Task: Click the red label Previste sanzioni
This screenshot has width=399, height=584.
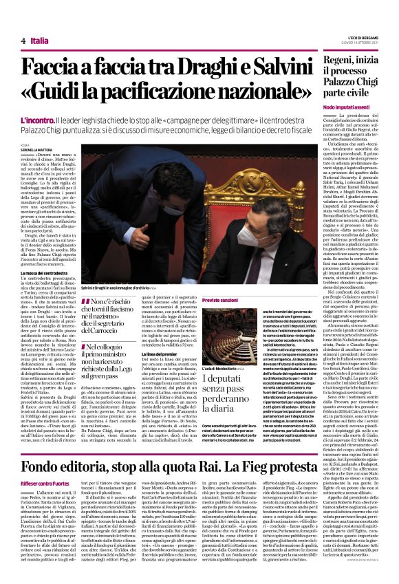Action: coord(219,301)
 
